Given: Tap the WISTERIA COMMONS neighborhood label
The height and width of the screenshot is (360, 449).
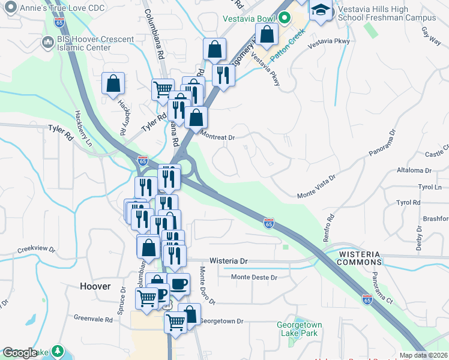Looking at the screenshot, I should (x=360, y=258).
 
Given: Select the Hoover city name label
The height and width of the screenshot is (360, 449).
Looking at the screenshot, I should (x=95, y=287).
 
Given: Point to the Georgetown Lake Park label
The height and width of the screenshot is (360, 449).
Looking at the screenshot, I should (x=299, y=329).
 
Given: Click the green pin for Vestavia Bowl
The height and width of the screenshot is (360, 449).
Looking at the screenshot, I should (x=285, y=17).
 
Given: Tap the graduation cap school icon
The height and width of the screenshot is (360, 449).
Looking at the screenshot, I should (x=321, y=10).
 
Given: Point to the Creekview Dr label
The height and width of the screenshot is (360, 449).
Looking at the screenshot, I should (x=36, y=249).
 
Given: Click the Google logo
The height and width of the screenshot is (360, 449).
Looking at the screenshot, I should (x=20, y=353).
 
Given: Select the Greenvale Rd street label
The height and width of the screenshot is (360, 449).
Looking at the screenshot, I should (x=93, y=320).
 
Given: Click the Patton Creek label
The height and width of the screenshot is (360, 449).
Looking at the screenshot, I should (x=288, y=50).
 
